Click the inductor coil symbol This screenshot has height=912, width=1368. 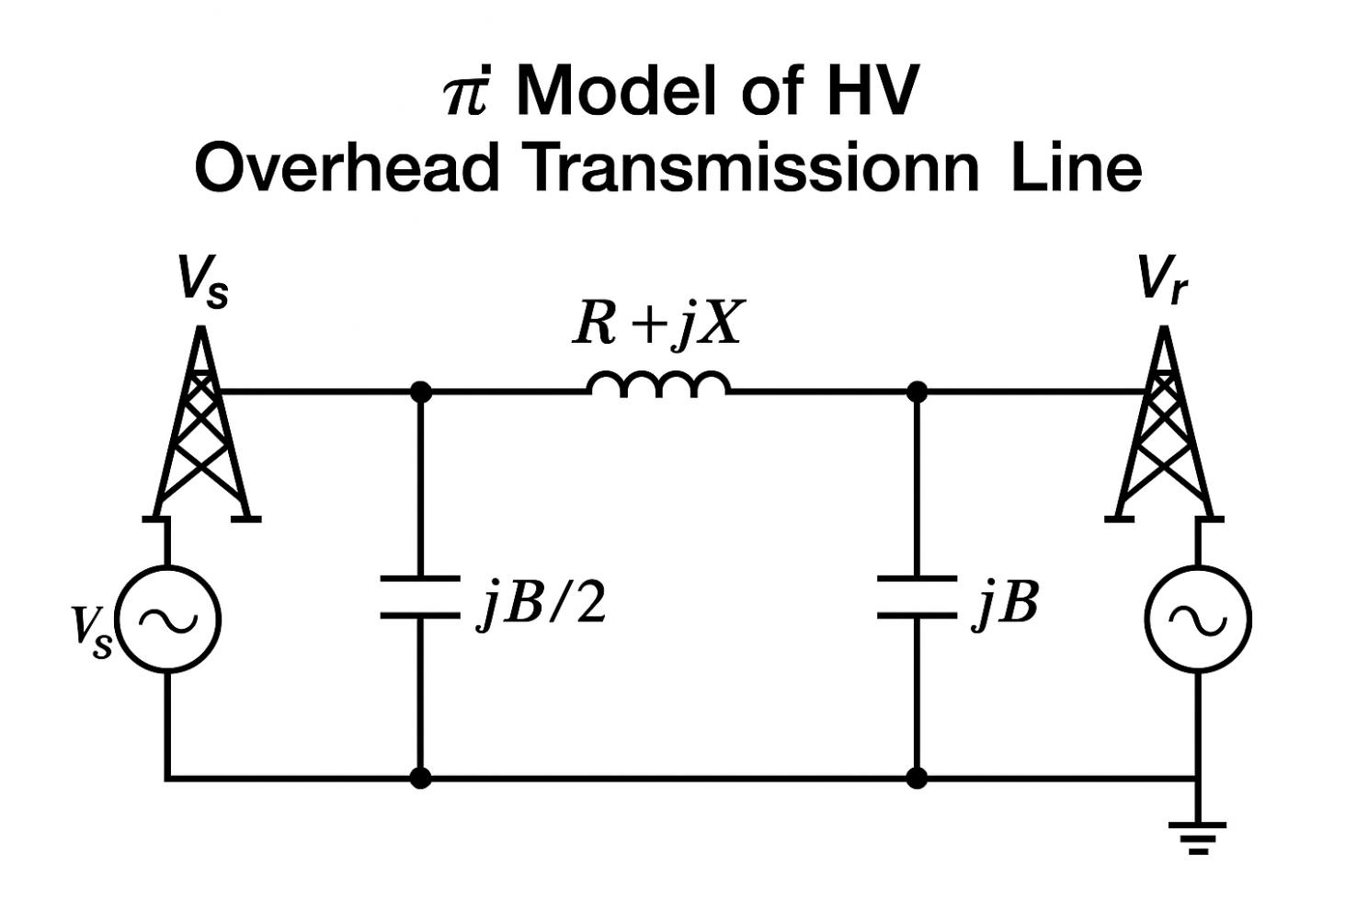pos(659,384)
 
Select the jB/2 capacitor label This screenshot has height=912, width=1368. pos(541,605)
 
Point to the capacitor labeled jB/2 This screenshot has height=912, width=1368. pos(420,597)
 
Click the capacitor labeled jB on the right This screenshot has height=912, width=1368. pos(917,597)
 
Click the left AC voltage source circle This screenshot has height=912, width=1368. pos(168,619)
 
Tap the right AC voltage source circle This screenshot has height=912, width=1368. pos(1198,619)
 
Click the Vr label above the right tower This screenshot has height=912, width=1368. pos(1161,279)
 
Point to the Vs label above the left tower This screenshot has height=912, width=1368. pos(202,281)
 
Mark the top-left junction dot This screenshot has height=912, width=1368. pos(420,392)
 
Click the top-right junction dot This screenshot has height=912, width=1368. pos(917,392)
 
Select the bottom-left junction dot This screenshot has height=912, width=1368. pos(420,779)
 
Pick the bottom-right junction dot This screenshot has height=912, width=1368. pos(917,779)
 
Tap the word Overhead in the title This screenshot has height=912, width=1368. pos(347,168)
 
